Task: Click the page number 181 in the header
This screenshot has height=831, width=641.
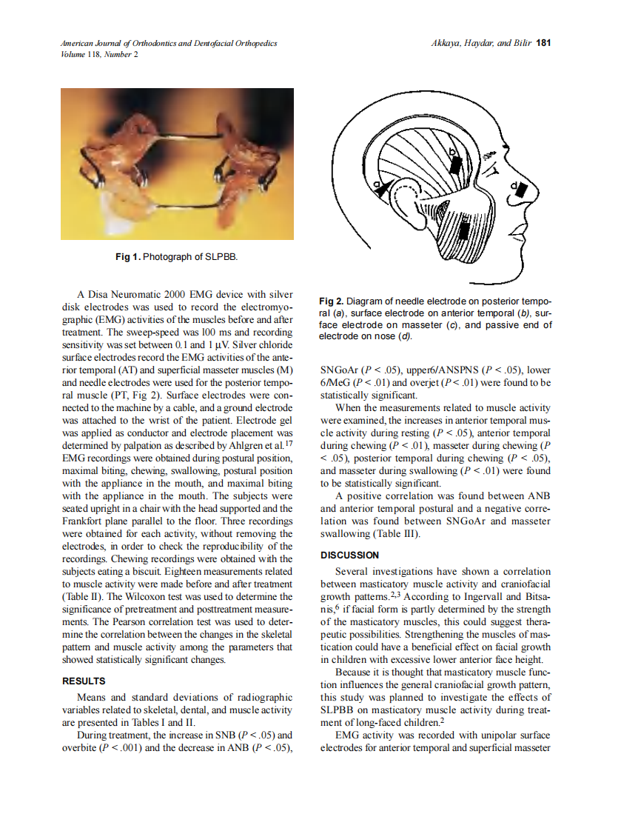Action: pyautogui.click(x=544, y=43)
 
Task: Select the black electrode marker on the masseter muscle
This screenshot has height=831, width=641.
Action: pyautogui.click(x=464, y=231)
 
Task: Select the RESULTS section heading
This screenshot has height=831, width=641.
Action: pyautogui.click(x=84, y=681)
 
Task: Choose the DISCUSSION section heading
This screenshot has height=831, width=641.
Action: pyautogui.click(x=349, y=555)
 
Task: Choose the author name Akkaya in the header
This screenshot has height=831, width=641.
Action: pyautogui.click(x=447, y=43)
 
